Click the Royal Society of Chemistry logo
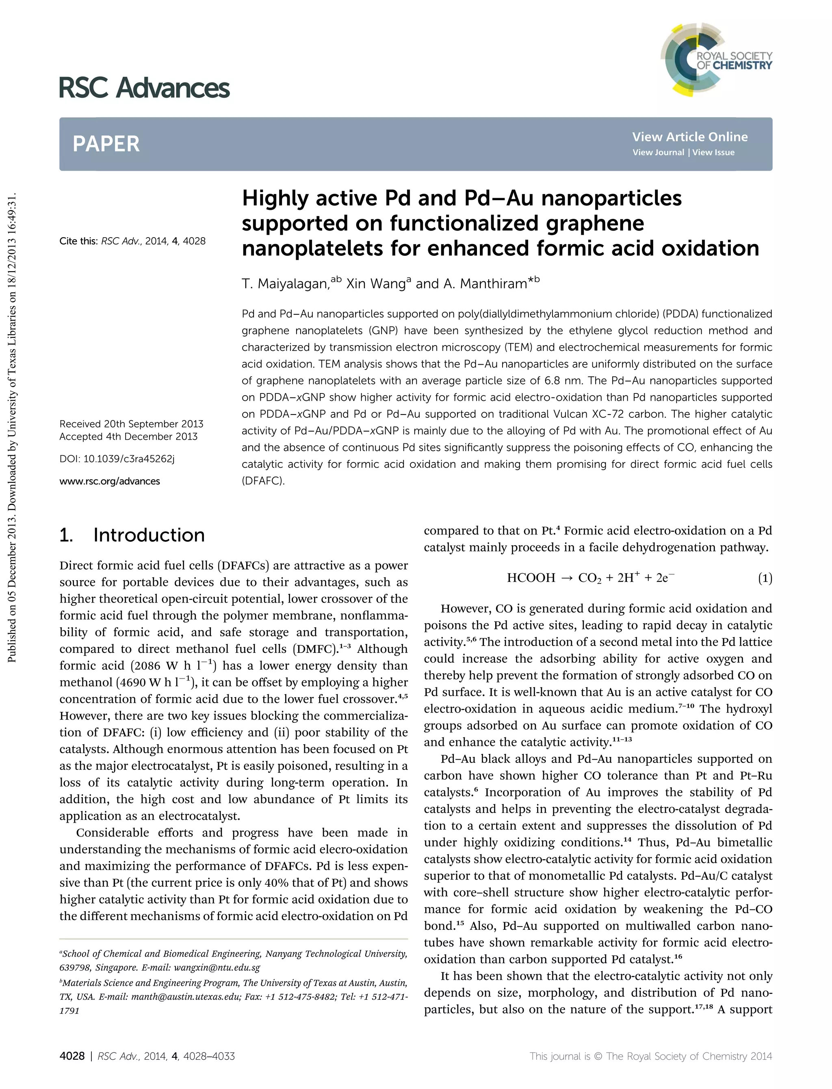click(x=716, y=59)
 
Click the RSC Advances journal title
click(x=144, y=88)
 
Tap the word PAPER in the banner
click(x=106, y=144)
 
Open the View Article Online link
click(x=689, y=137)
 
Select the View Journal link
click(x=658, y=152)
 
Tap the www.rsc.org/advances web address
click(x=109, y=481)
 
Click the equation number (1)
click(x=765, y=578)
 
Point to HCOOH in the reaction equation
click(x=531, y=578)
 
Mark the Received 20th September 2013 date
click(x=131, y=424)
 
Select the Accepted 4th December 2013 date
click(x=128, y=436)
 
